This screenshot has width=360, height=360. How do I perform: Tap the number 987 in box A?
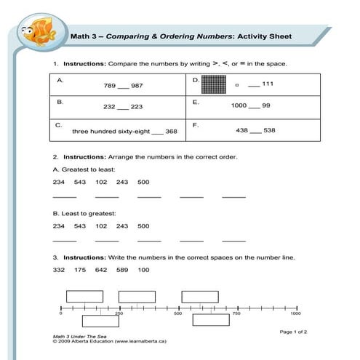coord(137,86)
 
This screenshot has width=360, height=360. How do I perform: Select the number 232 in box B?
coord(110,107)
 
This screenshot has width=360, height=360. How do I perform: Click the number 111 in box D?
coord(268,84)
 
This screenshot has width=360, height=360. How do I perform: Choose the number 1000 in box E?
coord(239,106)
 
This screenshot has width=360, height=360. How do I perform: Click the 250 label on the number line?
coord(119,313)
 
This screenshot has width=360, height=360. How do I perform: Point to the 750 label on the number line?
coord(236,313)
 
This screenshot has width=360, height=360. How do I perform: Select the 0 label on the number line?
coord(61,313)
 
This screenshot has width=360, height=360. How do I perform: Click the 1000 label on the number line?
coord(295,313)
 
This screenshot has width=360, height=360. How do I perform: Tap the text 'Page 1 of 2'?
coord(294,332)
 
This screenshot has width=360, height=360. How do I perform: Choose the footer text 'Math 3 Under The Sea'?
coord(79,337)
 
